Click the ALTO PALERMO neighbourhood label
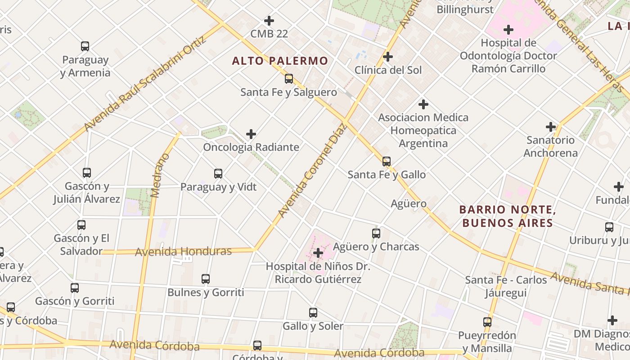point(280,61)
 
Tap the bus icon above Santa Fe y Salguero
point(289,79)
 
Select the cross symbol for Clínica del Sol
point(387,57)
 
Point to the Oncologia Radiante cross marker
point(251,134)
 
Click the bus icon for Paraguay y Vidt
point(218,173)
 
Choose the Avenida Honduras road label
point(183,252)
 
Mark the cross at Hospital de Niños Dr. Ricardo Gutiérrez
point(318,253)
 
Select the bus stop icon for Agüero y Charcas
point(376,233)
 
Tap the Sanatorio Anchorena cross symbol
point(550,127)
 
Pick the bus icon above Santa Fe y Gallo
point(387,161)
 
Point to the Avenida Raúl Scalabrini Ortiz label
point(145,84)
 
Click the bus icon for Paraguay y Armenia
point(85,46)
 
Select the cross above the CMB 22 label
point(269,21)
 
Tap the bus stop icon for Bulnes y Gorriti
point(206,279)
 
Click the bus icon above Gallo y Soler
point(313,312)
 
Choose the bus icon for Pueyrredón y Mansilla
point(487,322)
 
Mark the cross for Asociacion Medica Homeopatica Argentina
point(423,104)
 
